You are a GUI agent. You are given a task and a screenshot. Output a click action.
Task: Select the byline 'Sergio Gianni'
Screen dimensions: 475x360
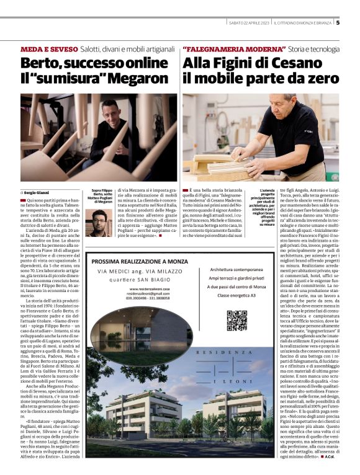(37, 193)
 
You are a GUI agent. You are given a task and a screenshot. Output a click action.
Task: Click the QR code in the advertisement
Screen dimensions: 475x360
(236, 319)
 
